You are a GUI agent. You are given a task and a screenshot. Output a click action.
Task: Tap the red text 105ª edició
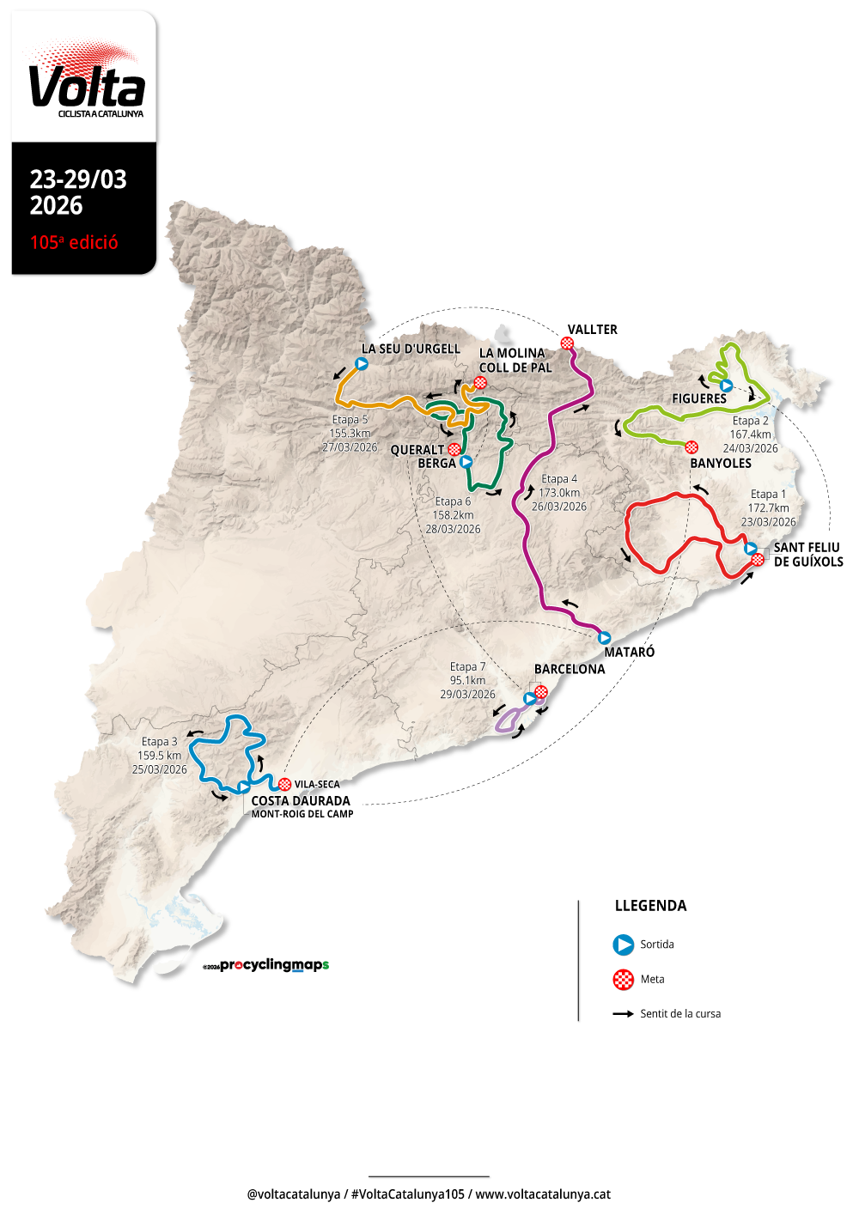coord(74,243)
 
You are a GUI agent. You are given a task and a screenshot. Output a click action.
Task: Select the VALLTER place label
coord(592,330)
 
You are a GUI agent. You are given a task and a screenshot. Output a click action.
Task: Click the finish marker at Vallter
coord(567,343)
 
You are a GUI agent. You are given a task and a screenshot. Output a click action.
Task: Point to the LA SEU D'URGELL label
coord(411,349)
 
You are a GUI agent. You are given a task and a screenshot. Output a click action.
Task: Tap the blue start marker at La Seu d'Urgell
coord(362,364)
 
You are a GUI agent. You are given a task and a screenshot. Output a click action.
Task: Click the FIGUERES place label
coord(698,399)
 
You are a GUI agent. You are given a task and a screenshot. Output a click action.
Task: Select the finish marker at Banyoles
coord(691,447)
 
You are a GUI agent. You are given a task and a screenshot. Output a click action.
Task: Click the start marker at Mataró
coord(604,638)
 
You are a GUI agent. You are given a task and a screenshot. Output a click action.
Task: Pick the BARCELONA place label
coord(570,670)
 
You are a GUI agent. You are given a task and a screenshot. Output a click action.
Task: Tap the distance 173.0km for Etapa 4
coord(559,493)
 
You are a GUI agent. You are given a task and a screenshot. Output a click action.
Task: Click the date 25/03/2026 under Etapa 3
coord(159,769)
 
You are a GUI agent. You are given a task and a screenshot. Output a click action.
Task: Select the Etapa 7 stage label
coord(467,667)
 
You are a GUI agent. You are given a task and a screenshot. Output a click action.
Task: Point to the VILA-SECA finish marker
coord(284,784)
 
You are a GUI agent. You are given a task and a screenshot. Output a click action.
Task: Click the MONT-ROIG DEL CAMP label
coord(302,814)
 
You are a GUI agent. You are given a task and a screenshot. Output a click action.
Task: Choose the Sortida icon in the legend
coord(623,945)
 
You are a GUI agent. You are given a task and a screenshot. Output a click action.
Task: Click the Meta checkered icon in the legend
coord(623,980)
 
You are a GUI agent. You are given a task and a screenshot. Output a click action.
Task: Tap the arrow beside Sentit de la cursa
coord(623,1014)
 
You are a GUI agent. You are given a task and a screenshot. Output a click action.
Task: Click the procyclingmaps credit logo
coord(266,965)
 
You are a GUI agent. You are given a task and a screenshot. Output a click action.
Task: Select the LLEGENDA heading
coord(650,906)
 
